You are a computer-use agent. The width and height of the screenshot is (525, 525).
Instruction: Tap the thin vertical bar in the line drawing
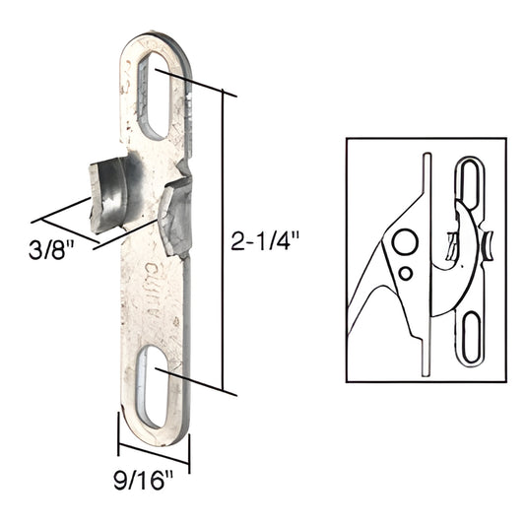click(425, 261)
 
